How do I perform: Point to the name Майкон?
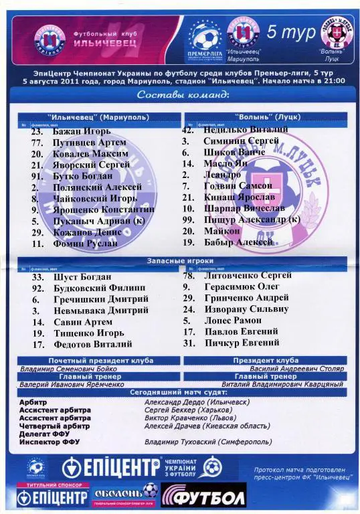tap(223, 231)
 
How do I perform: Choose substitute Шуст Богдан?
tap(81, 277)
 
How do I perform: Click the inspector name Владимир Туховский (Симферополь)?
tap(208, 442)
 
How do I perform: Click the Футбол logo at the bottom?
tap(204, 496)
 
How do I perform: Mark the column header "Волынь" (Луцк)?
tap(264, 116)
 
